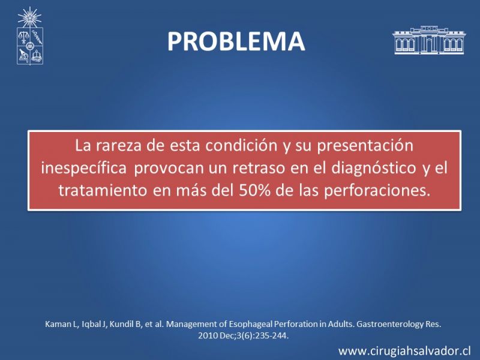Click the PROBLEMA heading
click(236, 41)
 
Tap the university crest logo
click(29, 36)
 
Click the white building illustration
click(429, 40)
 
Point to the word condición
click(241, 145)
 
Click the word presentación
click(365, 146)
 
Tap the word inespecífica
click(84, 168)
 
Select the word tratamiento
click(103, 190)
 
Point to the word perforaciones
click(377, 191)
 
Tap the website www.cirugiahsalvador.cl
click(404, 351)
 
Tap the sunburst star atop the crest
click(29, 17)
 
